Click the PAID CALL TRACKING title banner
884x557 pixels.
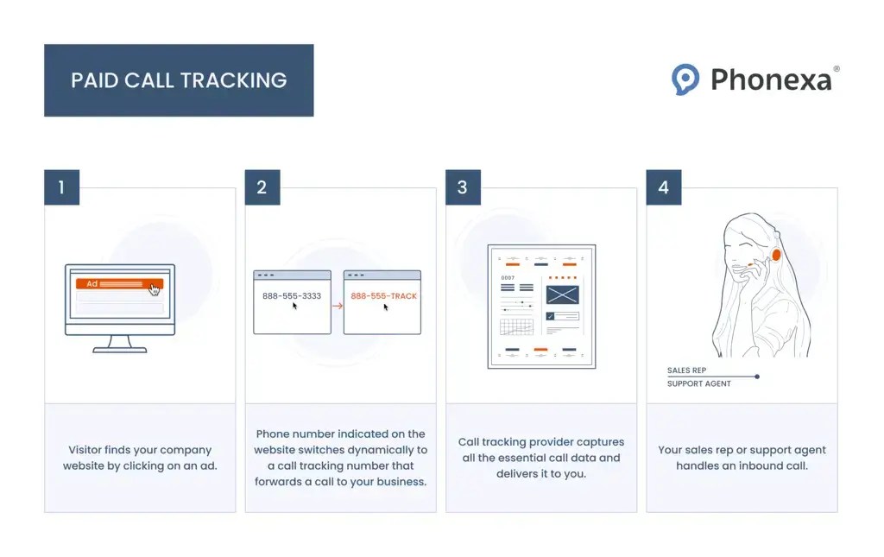click(x=179, y=80)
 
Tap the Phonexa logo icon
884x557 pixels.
click(x=685, y=79)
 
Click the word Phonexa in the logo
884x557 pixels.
click(x=771, y=80)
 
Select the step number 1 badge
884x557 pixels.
click(x=61, y=187)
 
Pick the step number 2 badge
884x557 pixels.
click(x=262, y=187)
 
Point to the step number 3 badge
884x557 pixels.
click(x=463, y=187)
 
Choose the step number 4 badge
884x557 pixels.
click(x=663, y=187)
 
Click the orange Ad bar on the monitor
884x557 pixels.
click(x=117, y=283)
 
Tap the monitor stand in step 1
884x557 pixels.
click(x=119, y=344)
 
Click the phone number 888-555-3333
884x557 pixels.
click(x=292, y=295)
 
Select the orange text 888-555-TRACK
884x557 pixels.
click(x=383, y=295)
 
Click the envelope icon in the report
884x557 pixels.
click(x=562, y=294)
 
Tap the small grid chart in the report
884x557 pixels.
click(x=516, y=327)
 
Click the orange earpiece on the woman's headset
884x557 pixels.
click(x=776, y=254)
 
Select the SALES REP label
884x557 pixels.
click(x=686, y=370)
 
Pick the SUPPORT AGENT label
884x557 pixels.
click(x=698, y=383)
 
